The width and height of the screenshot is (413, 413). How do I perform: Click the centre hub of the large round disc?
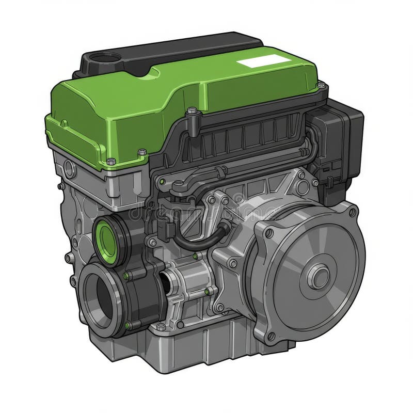pyautogui.click(x=319, y=276)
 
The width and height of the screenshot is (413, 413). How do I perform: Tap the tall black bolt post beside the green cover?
pyautogui.click(x=192, y=121)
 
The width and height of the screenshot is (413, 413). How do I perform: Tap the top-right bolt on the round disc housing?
pyautogui.click(x=353, y=212)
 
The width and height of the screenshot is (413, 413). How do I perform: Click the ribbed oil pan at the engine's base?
pyautogui.click(x=206, y=346)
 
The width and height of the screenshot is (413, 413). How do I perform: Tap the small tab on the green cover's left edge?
pyautogui.click(x=64, y=124)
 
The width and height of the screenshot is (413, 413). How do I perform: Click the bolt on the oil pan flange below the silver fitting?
pyautogui.click(x=161, y=327)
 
